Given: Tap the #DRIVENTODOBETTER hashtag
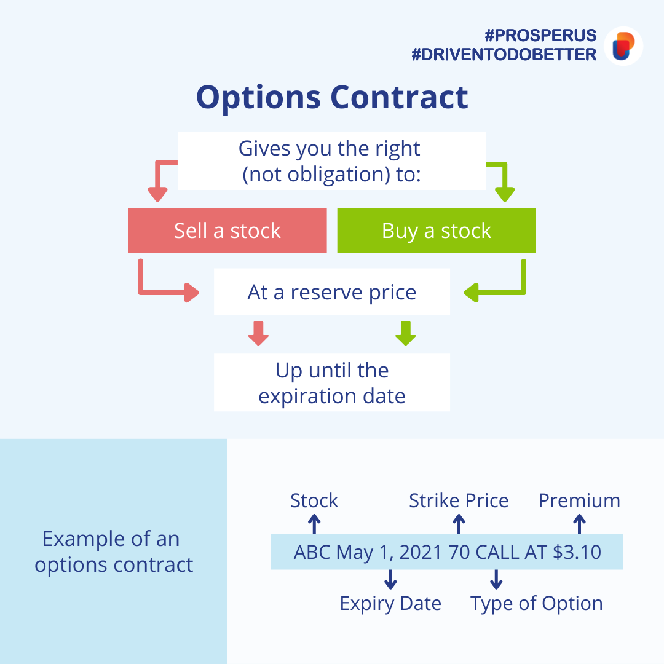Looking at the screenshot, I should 504,55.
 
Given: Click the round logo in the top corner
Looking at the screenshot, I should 623,46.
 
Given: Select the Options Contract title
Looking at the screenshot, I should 332,97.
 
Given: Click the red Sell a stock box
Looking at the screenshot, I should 227,231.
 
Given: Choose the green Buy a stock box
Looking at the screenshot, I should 437,231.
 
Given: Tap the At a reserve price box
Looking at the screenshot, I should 332,292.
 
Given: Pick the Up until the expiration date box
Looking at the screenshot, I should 332,382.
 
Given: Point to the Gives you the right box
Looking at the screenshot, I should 332,160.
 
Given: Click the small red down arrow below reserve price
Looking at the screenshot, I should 258,333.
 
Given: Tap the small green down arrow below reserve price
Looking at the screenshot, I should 405,333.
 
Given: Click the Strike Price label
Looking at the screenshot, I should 459,500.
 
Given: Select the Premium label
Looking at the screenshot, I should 579,500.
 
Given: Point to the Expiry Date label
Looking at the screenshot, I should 390,603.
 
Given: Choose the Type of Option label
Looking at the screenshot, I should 536,603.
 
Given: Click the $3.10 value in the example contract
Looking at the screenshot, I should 577,552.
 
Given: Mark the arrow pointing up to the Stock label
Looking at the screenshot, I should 314,523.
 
